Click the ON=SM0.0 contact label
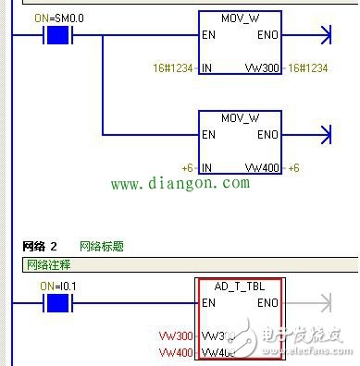(57, 18)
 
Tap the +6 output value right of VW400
(294, 167)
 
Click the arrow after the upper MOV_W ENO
(323, 36)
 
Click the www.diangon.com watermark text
(180, 184)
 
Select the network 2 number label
(40, 247)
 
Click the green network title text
(102, 247)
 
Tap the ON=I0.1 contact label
(60, 286)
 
